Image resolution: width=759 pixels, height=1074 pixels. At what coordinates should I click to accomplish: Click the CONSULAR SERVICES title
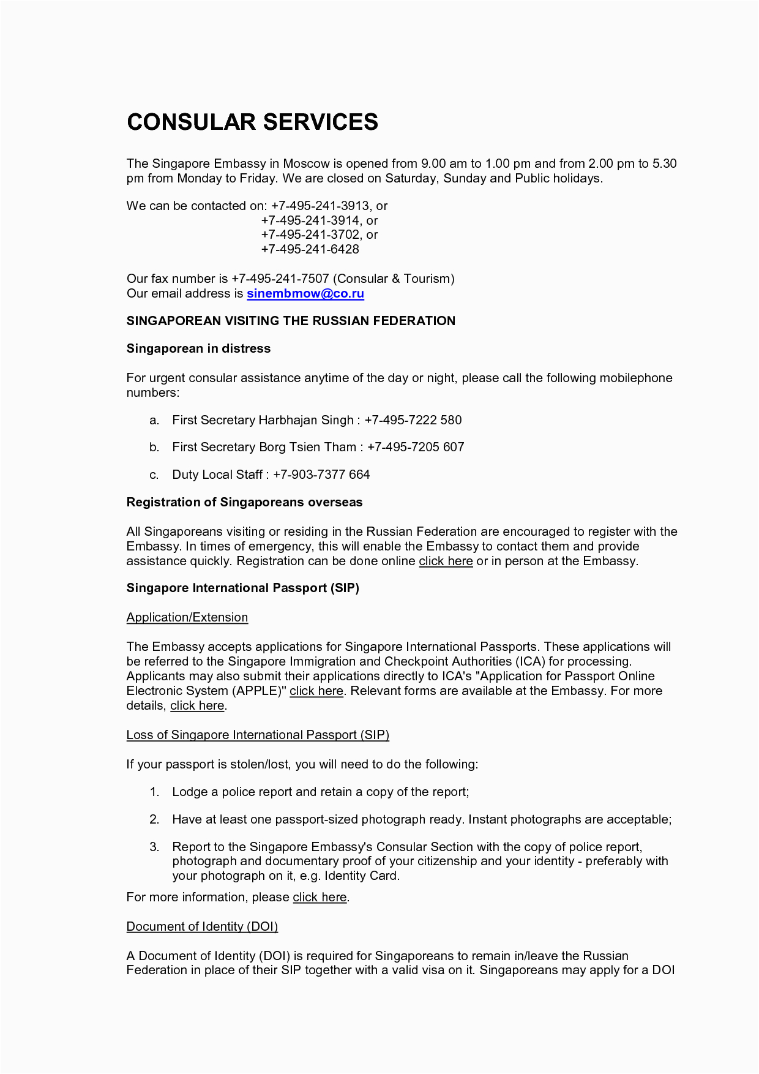[x=252, y=122]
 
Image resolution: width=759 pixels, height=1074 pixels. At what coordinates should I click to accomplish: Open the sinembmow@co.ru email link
[x=305, y=293]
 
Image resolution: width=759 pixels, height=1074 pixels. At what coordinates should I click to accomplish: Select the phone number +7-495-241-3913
[x=320, y=206]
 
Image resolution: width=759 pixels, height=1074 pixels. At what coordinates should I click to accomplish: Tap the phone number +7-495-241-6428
[x=310, y=249]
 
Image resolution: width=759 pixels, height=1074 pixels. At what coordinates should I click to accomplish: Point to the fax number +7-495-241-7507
[x=280, y=279]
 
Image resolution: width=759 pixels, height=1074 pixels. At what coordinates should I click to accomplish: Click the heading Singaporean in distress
[x=198, y=348]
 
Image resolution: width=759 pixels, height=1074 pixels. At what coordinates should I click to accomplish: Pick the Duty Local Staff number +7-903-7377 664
[x=321, y=475]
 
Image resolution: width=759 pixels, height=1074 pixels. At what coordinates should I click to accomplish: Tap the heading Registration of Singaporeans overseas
[x=244, y=502]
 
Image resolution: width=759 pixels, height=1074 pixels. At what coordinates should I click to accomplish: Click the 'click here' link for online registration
[x=446, y=561]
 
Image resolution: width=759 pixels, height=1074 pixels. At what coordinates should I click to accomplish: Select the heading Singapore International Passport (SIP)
[x=242, y=588]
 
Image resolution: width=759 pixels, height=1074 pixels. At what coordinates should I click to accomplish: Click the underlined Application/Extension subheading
[x=187, y=617]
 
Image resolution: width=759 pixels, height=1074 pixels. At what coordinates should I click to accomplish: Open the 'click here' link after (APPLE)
[x=316, y=691]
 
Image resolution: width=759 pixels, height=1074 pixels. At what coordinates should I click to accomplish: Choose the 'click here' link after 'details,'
[x=197, y=705]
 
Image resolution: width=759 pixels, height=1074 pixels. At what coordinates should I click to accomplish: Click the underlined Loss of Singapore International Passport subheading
[x=258, y=735]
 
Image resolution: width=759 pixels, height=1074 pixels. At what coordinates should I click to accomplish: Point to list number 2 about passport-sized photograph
[x=154, y=819]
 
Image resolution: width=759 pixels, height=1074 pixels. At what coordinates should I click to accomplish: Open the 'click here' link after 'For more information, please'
[x=320, y=897]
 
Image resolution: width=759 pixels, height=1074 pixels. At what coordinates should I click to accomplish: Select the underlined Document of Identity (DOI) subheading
[x=202, y=926]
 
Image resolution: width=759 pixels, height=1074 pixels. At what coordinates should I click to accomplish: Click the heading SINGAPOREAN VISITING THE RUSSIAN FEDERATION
[x=291, y=321]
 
